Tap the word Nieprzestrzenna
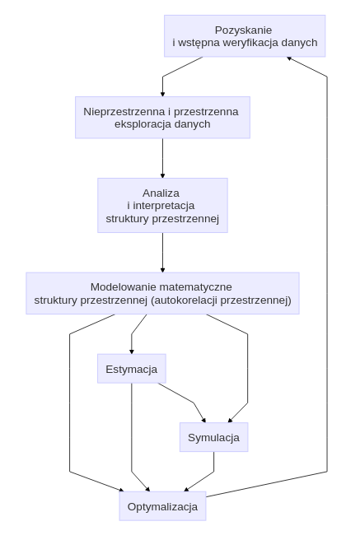122,111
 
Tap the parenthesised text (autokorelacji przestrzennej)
222,300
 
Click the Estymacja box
132,369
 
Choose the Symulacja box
213,437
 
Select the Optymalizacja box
162,506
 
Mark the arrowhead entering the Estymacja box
132,351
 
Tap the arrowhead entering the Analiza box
162,175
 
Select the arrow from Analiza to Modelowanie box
162,252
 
